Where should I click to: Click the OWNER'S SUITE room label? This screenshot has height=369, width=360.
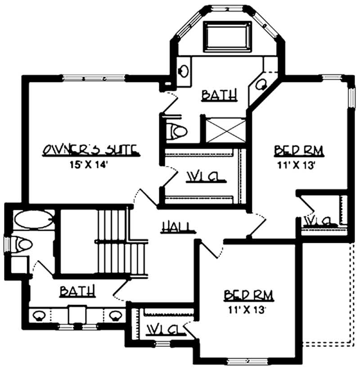pyautogui.click(x=90, y=150)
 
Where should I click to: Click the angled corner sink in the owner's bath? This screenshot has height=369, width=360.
pyautogui.click(x=261, y=83)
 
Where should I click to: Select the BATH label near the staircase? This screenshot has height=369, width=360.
pyautogui.click(x=78, y=292)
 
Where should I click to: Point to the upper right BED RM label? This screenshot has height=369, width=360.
pyautogui.click(x=299, y=150)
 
